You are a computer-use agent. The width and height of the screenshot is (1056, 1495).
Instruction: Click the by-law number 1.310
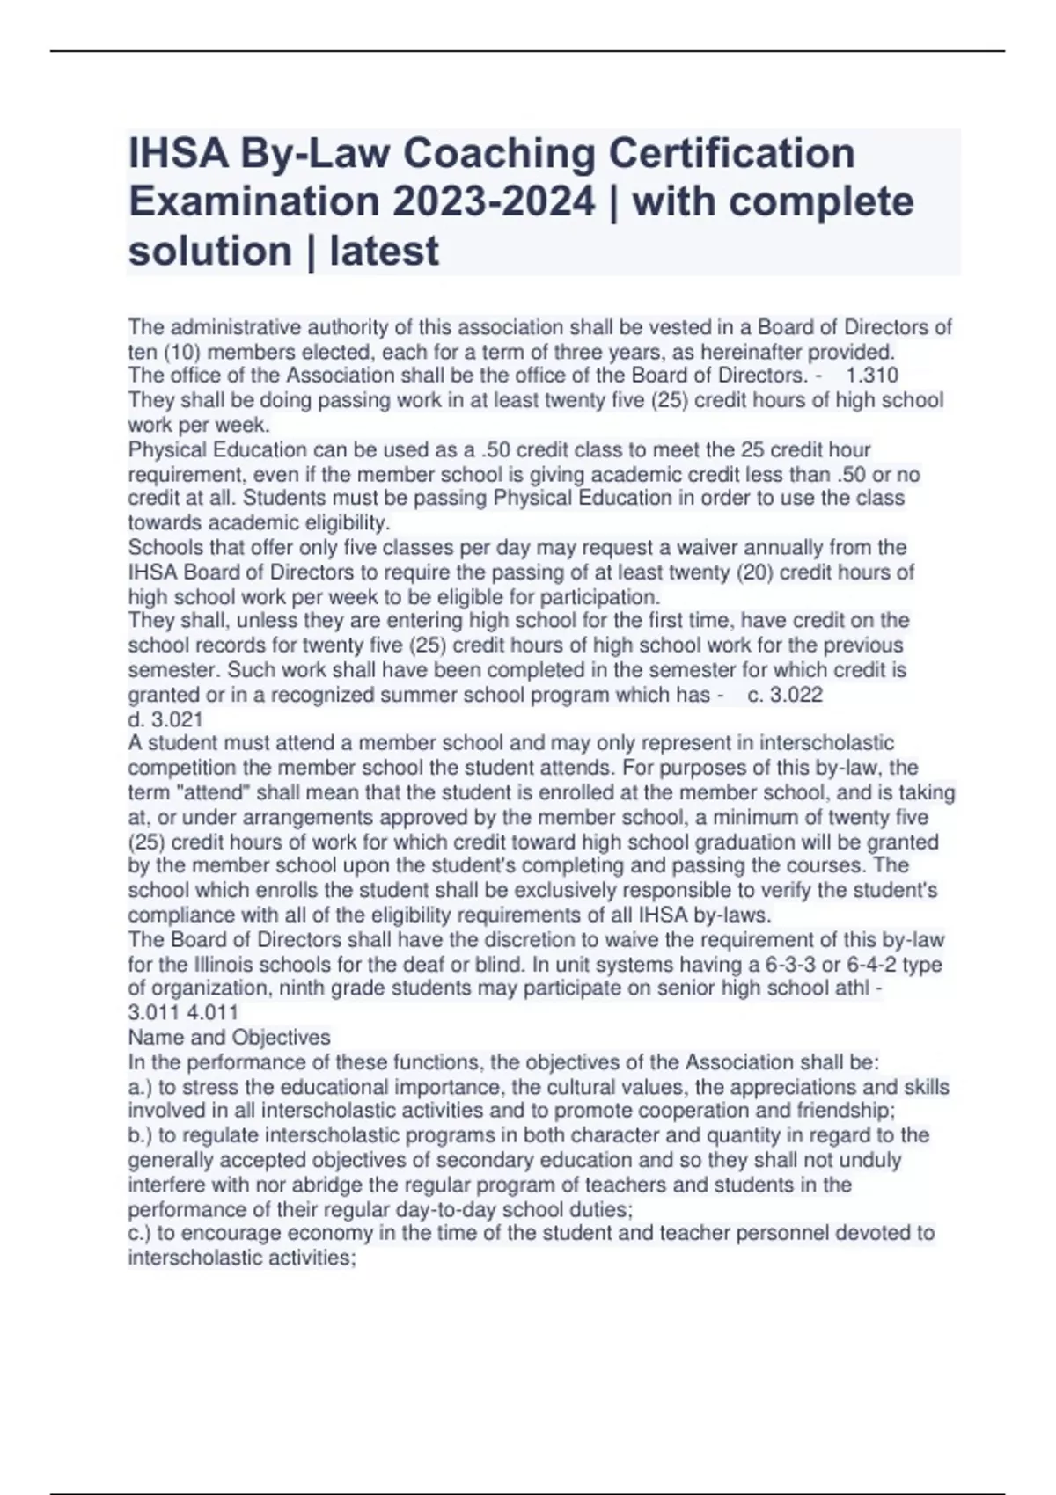tap(871, 376)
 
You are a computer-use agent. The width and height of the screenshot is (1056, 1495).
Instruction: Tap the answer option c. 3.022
tap(784, 695)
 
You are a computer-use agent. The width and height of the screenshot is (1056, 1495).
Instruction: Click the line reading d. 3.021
tap(165, 719)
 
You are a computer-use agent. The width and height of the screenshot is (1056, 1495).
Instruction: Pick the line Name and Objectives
tap(229, 1037)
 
